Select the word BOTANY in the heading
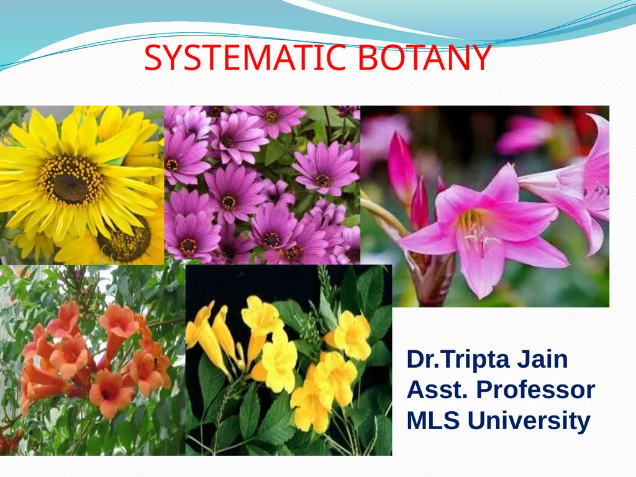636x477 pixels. [425, 58]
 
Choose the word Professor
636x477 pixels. [535, 390]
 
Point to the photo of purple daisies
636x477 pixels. [262, 185]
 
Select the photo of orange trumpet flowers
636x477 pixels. [93, 360]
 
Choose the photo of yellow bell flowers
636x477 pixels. [289, 360]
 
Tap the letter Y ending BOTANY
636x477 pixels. [482, 58]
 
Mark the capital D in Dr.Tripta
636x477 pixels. [416, 360]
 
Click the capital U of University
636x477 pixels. [476, 420]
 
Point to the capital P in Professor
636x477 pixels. [484, 390]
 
